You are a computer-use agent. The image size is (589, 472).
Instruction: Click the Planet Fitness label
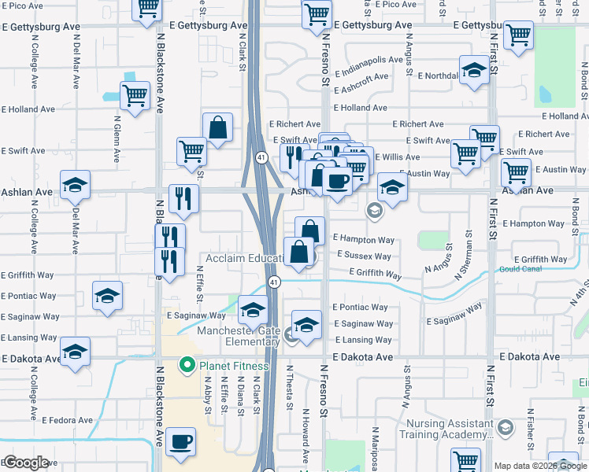(234, 366)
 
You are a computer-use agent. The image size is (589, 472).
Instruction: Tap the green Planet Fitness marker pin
(187, 365)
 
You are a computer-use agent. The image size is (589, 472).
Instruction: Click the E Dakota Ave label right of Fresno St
(362, 356)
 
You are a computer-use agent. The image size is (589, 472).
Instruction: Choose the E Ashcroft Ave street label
(361, 78)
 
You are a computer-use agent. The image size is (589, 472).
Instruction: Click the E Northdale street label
(439, 76)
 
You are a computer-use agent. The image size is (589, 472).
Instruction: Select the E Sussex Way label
(364, 256)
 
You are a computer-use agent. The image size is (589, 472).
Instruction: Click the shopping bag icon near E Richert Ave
(217, 127)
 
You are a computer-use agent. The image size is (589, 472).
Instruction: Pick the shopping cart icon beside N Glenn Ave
(135, 95)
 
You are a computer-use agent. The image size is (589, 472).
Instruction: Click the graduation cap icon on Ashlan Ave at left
(75, 185)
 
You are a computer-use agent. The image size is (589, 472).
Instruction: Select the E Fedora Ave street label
(68, 420)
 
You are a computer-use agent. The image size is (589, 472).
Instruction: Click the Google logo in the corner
(25, 463)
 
